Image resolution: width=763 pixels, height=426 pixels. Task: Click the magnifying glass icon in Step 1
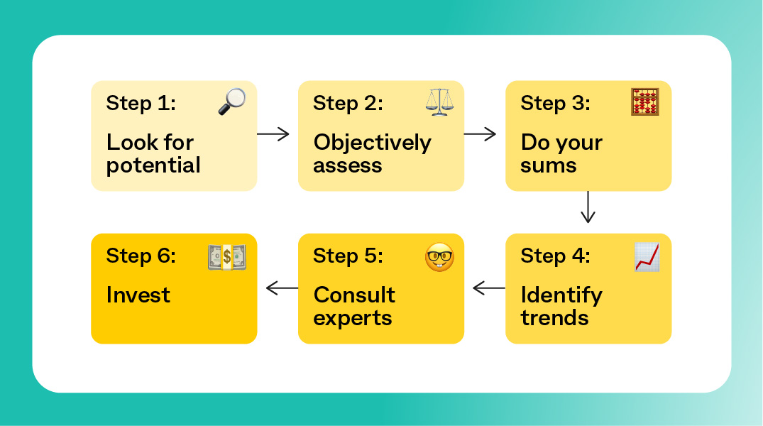231,102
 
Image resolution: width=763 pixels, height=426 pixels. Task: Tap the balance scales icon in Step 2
439,102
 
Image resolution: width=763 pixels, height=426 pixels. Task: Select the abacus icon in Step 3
644,102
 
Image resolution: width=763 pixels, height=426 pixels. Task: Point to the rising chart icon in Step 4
647,257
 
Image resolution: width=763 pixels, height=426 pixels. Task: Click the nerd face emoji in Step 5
439,256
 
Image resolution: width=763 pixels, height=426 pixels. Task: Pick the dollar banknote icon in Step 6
226,257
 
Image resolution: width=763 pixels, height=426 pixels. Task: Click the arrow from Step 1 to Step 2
273,134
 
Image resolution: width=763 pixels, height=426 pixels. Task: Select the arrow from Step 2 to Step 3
481,134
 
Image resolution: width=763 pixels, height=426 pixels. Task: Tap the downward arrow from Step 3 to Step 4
588,207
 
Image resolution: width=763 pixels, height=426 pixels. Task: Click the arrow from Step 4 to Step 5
489,288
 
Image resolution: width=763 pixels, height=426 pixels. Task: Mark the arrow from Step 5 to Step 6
282,288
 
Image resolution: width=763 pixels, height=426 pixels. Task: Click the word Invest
138,295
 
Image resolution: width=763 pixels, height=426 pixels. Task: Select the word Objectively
372,143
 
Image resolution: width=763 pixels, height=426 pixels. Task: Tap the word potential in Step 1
153,165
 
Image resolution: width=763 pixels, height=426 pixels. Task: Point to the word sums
549,166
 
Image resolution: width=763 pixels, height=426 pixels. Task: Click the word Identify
561,296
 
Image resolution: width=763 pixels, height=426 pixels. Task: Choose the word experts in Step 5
353,319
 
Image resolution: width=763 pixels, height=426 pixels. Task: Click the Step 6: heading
141,256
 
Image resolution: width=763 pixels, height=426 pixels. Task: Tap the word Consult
354,295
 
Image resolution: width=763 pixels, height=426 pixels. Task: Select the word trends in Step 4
555,318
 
